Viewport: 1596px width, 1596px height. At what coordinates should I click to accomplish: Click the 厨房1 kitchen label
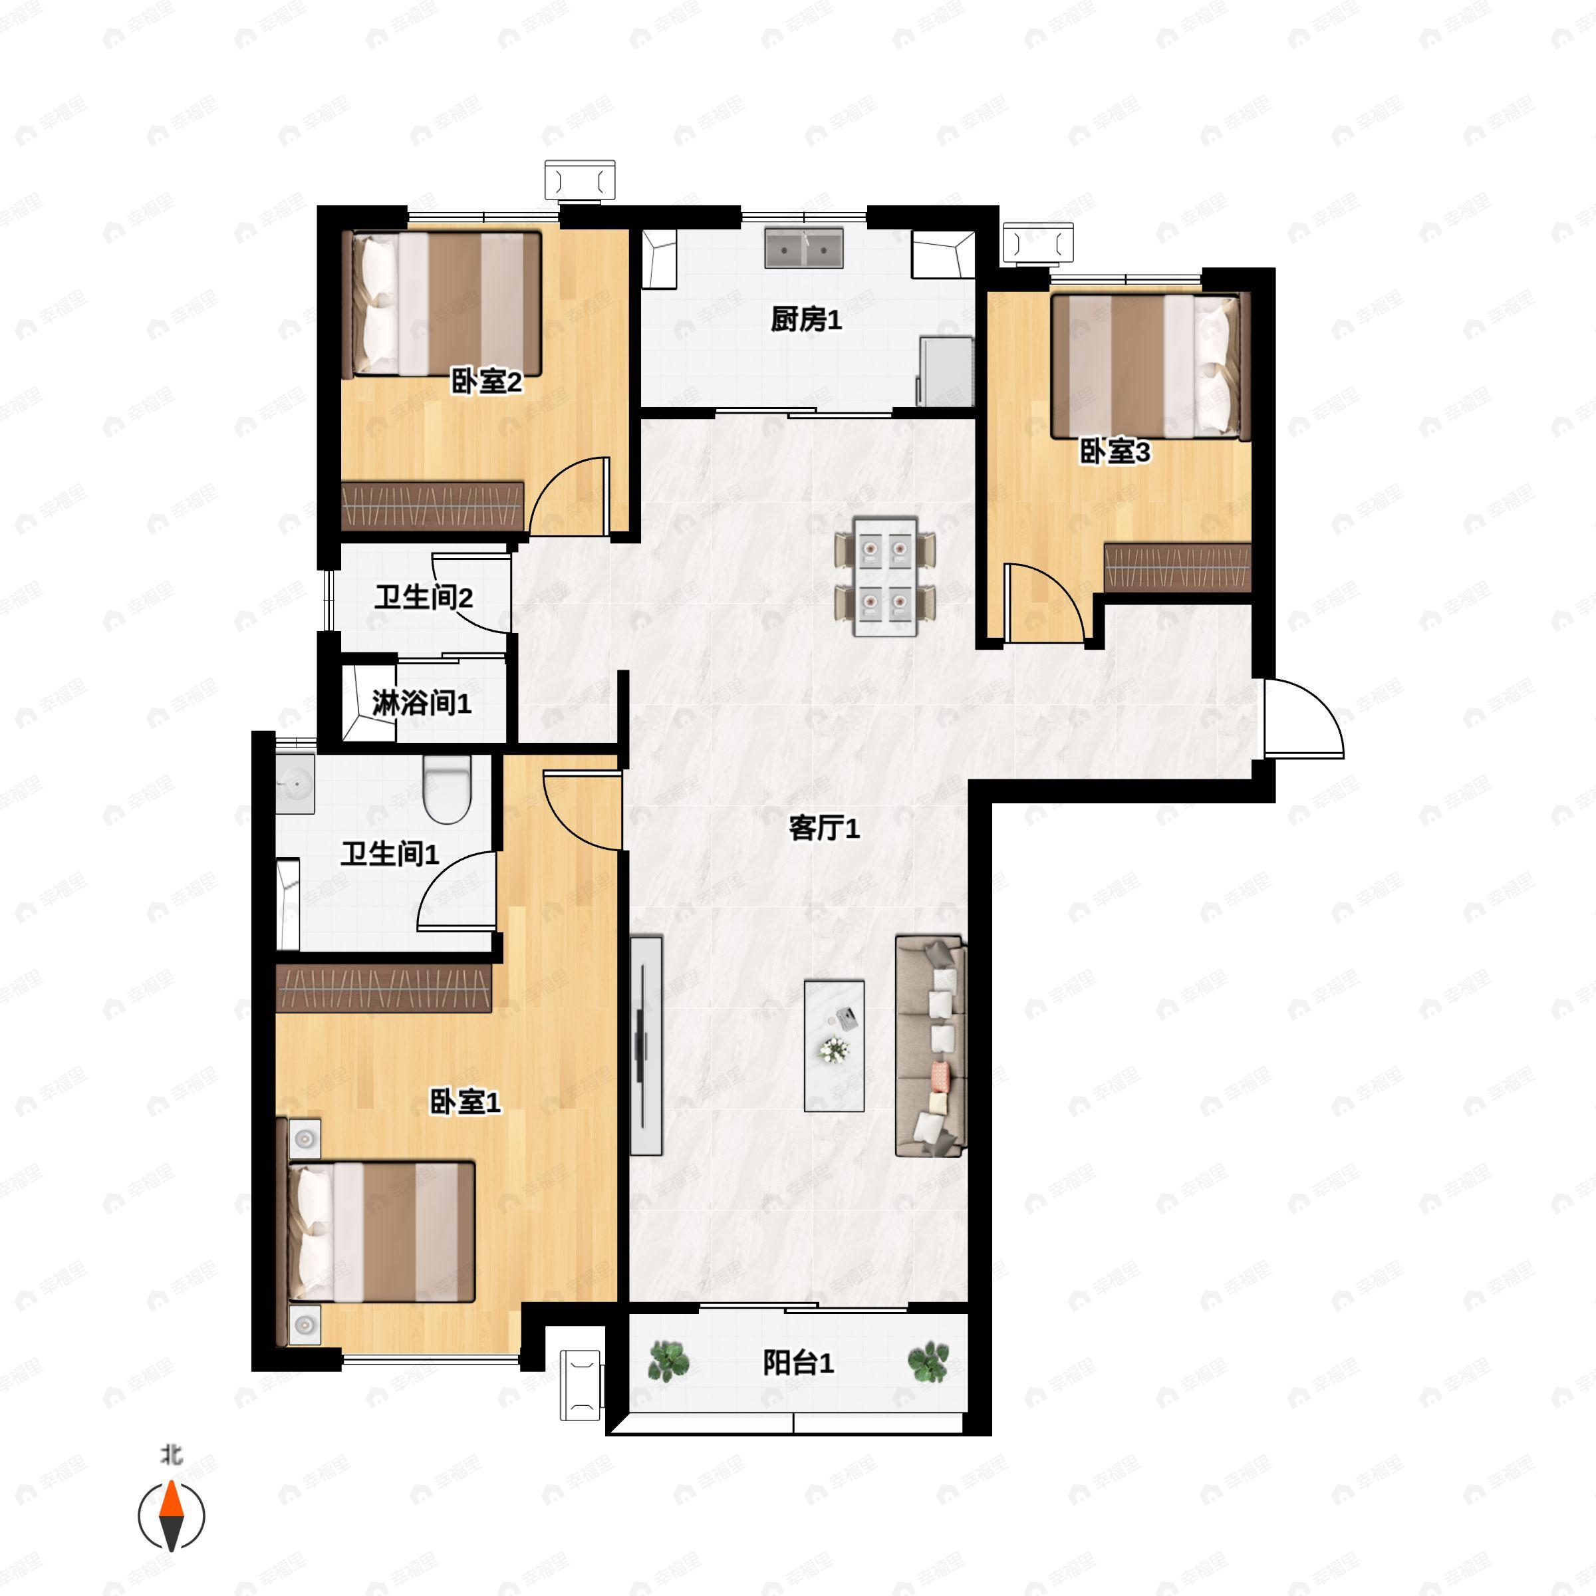805,320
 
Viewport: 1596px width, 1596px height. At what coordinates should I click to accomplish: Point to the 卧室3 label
1115,452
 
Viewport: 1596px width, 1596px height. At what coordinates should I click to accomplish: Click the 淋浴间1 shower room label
422,704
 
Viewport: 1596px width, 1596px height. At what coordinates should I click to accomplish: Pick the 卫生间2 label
423,597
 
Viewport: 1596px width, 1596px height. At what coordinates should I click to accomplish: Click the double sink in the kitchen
804,248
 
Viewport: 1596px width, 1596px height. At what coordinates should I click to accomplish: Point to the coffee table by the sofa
835,1046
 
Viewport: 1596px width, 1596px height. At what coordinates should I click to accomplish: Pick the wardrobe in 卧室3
1176,567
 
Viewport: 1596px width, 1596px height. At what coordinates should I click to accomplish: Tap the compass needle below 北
171,1516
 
